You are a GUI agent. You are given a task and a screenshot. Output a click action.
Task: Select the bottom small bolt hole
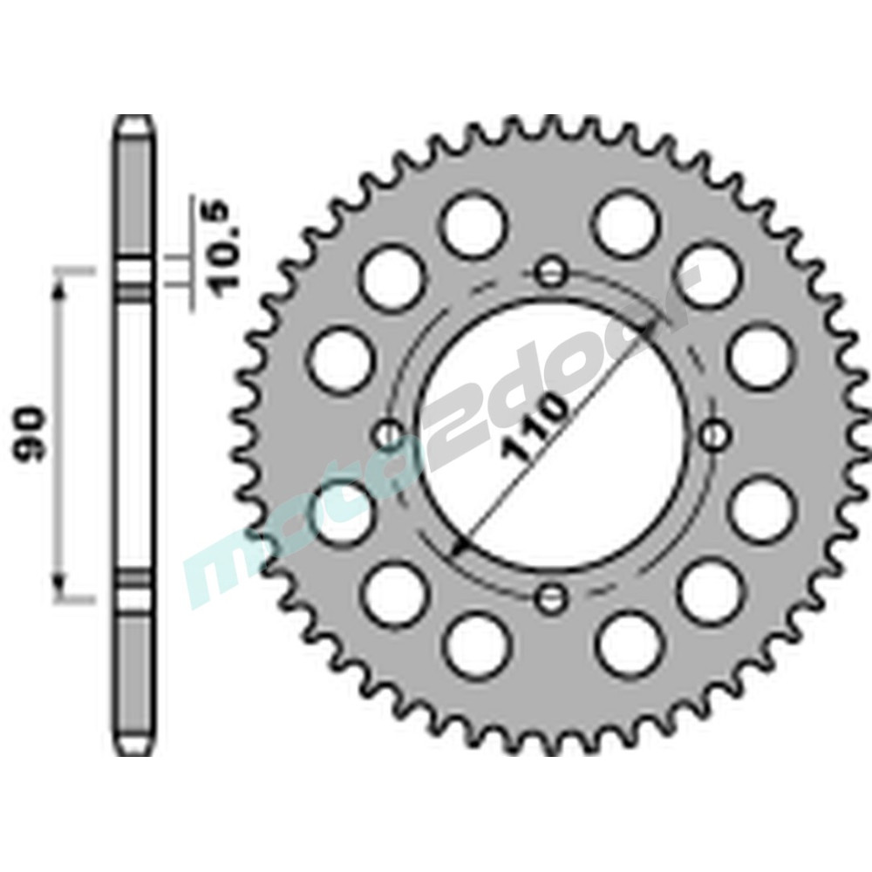coord(550,597)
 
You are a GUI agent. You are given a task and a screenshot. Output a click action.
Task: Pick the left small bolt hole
coord(388,433)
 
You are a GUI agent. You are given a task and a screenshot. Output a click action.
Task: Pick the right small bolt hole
coord(714,433)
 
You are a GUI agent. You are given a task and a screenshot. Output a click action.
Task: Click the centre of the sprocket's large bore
coord(550,434)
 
